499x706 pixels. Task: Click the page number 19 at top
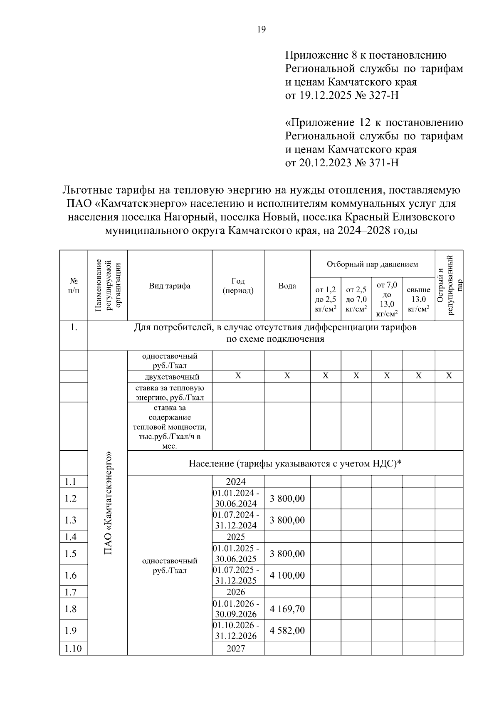click(x=261, y=29)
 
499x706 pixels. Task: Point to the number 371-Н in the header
click(x=384, y=163)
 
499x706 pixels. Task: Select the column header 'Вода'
click(x=287, y=286)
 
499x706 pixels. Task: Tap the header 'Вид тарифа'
click(x=170, y=286)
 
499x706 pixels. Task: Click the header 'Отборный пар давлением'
click(x=372, y=264)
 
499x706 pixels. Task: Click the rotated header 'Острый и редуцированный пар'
click(x=449, y=286)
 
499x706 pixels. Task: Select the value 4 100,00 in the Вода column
click(x=287, y=575)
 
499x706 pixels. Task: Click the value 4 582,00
click(x=287, y=630)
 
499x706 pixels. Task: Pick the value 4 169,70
click(x=287, y=609)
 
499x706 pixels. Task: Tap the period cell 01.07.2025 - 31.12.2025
click(x=236, y=575)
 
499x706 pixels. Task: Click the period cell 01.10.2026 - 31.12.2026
click(x=236, y=630)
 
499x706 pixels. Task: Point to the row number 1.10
click(x=73, y=648)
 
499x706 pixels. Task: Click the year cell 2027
click(x=236, y=648)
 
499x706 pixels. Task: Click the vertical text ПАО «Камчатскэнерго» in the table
click(x=108, y=503)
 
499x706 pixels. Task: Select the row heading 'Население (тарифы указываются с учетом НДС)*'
click(x=295, y=463)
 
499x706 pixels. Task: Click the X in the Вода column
click(x=287, y=376)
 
